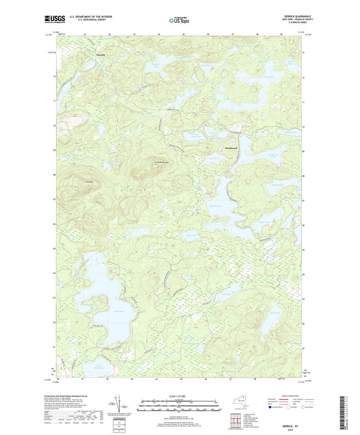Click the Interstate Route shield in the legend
(271, 407)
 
